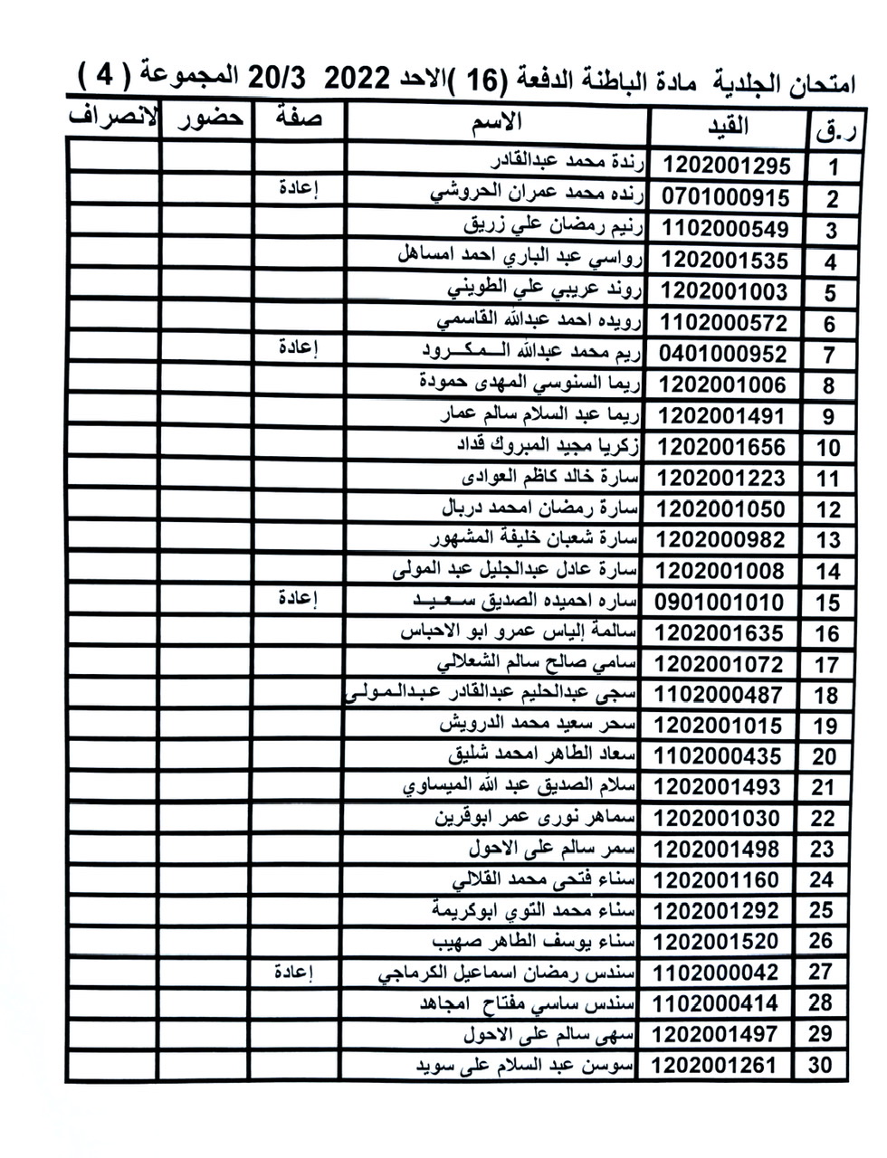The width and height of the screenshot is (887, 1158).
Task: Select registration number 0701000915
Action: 726,197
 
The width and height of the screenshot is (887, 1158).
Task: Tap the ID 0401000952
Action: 724,353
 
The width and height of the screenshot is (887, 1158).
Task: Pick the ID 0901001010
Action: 720,603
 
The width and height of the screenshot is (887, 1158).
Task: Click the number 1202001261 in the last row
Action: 713,1065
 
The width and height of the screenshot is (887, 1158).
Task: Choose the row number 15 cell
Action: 827,603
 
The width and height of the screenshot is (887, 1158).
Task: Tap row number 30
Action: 819,1065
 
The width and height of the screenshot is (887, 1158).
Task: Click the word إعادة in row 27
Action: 294,973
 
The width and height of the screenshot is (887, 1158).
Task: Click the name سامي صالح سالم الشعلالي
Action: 538,663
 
